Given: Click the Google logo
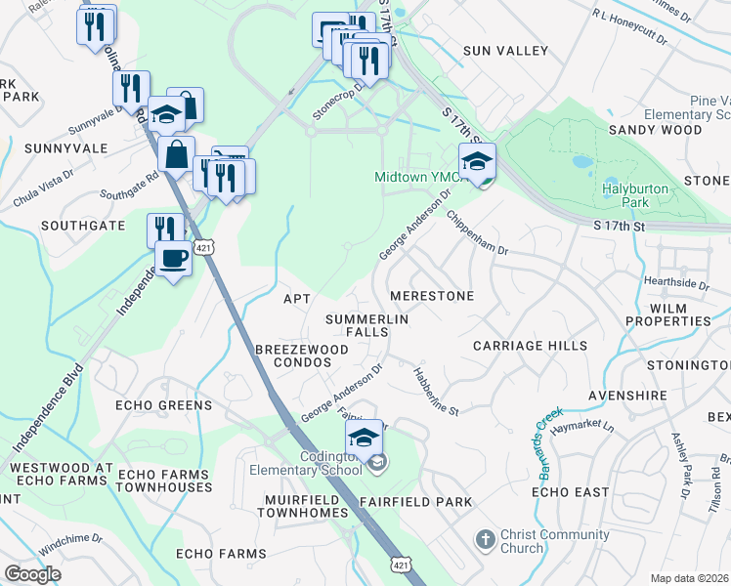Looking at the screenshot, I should coord(33,574).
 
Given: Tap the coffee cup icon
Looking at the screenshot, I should coord(174,260).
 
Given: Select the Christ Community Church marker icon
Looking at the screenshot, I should coord(484,539).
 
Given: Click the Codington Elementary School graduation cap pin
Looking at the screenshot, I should coord(364,437).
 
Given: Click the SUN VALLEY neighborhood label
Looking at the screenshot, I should coord(501,50).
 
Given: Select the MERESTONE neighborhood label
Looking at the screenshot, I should coord(431,296).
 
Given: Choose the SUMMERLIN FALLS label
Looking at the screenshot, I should coord(366,325).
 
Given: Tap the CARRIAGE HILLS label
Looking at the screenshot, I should coord(530,346).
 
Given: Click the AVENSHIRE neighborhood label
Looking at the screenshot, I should coord(627,396).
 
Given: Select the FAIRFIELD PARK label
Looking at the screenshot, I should coord(415,502).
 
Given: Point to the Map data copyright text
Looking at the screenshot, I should coord(690,578).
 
